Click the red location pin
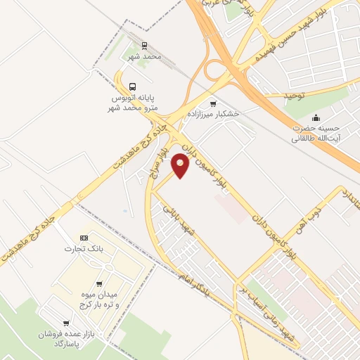coord(181,165)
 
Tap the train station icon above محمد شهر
coord(144,44)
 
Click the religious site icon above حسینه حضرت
coord(315,117)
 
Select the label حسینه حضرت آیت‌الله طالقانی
coord(316,133)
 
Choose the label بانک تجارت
coord(80,249)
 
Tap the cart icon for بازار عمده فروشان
coord(67,323)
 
